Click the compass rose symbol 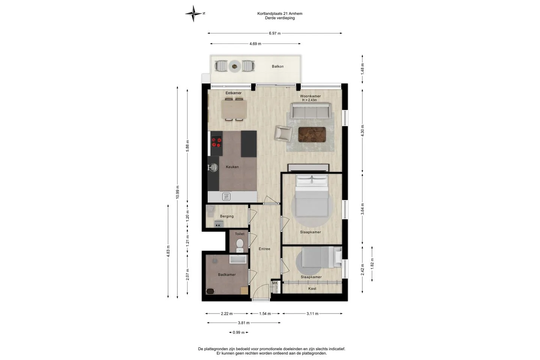coord(193,13)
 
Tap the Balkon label coord(278,66)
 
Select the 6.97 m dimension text coord(275,33)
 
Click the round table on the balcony coord(235,66)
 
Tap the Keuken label coord(232,167)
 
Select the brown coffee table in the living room coord(312,135)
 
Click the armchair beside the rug coord(283,133)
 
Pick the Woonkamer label coord(310,96)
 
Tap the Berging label coord(227,216)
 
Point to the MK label coord(275,283)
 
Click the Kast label coord(312,288)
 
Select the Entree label coord(264,249)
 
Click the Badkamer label coord(227,274)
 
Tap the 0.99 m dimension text coord(238,333)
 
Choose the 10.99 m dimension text coord(177,192)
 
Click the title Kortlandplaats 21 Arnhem coord(280,13)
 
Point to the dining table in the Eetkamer coord(234,109)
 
